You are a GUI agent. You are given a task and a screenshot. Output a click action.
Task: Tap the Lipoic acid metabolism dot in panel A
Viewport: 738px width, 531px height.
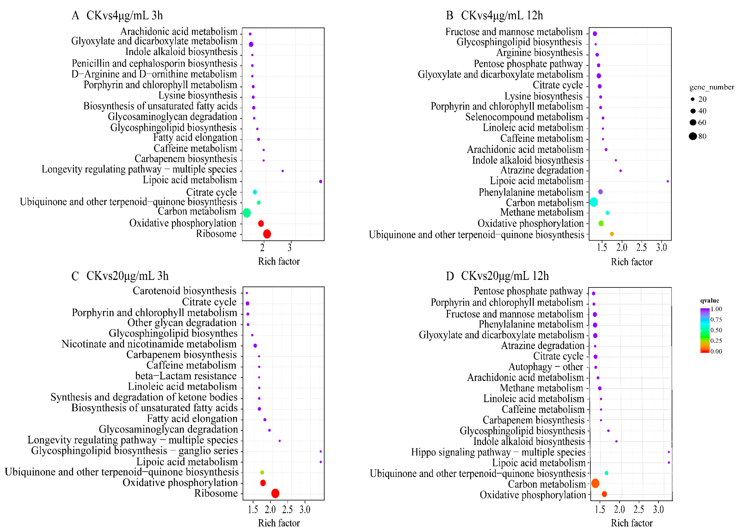pos(320,181)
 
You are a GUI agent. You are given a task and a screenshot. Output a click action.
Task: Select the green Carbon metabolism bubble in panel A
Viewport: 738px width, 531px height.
pos(247,213)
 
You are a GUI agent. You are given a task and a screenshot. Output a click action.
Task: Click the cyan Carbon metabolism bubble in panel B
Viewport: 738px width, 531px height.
pos(593,202)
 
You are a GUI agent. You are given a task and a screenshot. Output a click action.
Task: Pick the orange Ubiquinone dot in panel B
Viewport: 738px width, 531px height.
pos(612,234)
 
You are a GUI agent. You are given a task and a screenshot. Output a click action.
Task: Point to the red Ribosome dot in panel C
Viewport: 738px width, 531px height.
pos(275,493)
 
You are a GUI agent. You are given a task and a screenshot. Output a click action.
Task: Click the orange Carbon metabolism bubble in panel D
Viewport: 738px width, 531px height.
pos(595,483)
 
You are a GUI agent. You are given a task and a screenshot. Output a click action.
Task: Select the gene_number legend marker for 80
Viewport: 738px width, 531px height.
pos(692,136)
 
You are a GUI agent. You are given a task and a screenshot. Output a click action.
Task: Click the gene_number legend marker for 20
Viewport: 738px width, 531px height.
pos(692,99)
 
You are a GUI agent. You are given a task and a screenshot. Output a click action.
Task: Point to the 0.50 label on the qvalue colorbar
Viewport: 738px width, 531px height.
pos(716,330)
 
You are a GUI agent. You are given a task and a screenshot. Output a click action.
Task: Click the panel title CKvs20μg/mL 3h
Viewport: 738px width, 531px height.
pos(127,276)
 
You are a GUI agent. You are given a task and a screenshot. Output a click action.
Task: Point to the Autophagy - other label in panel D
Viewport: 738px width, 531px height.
pos(546,367)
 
